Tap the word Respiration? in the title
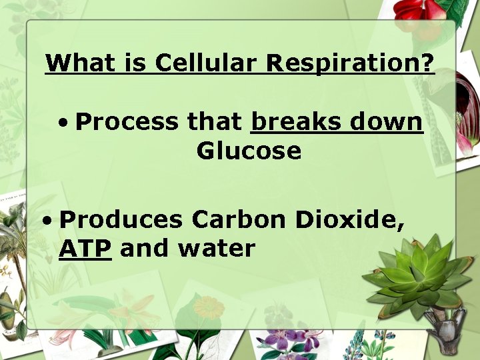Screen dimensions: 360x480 [350, 64]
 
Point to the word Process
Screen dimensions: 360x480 [127, 122]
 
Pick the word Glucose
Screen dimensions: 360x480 [249, 151]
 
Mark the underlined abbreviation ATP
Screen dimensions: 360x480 [85, 249]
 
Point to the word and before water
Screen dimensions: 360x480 [145, 249]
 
